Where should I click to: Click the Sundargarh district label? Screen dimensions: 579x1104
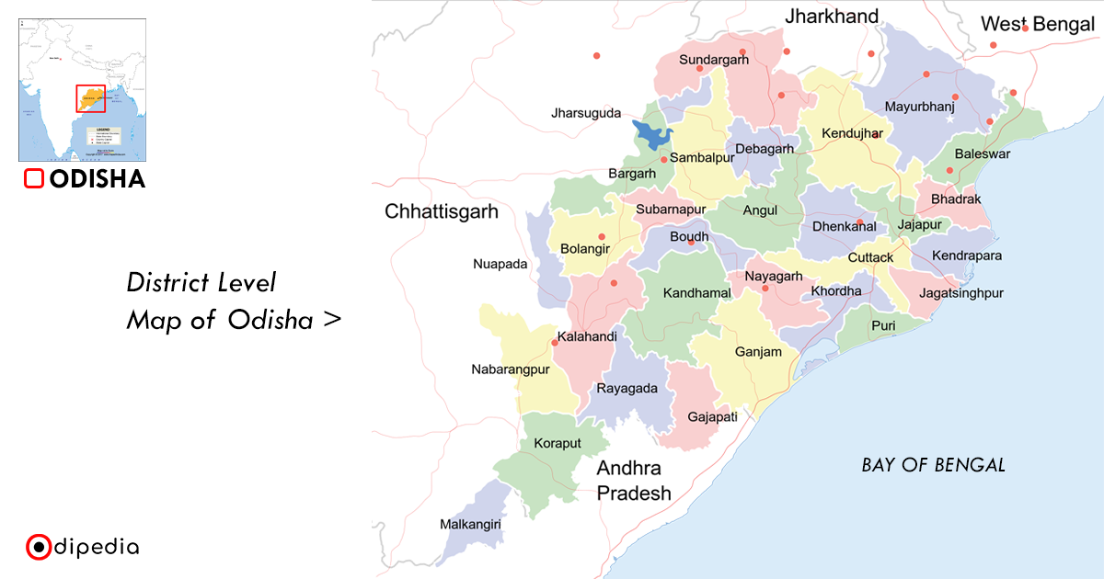(714, 60)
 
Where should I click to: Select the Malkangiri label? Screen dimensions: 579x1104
(470, 525)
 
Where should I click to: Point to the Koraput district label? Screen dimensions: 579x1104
(558, 443)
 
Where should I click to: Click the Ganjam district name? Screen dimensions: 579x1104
(758, 352)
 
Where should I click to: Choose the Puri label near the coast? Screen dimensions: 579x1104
(882, 325)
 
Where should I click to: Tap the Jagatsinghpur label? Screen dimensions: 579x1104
(960, 293)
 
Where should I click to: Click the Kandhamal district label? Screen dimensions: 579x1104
(696, 293)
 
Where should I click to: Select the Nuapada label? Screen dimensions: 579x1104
(500, 264)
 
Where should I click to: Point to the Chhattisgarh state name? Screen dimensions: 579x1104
(441, 211)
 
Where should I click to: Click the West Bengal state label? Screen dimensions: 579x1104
(1037, 25)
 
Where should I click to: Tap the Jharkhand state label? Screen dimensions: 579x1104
(831, 17)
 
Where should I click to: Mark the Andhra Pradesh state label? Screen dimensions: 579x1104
(633, 481)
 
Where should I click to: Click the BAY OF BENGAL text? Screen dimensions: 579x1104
(933, 465)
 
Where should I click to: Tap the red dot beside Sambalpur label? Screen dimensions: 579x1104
(663, 159)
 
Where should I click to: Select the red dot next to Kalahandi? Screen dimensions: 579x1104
(555, 343)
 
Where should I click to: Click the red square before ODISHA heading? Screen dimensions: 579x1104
(34, 179)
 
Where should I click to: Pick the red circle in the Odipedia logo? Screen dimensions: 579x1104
(38, 548)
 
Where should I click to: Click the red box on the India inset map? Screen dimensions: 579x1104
(90, 98)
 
